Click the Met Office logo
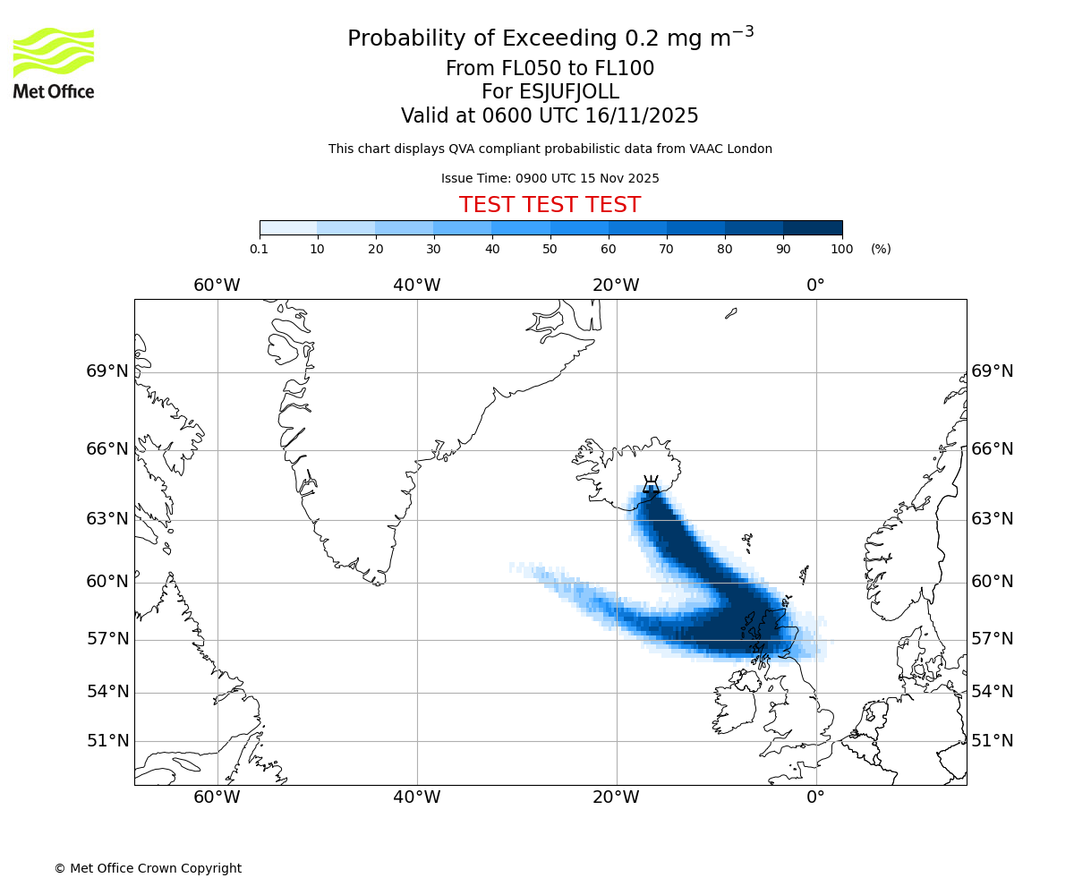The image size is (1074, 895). click(x=54, y=63)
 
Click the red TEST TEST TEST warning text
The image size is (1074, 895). click(x=550, y=205)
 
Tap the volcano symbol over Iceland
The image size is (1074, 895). click(x=651, y=485)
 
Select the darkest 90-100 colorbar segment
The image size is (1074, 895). click(x=813, y=227)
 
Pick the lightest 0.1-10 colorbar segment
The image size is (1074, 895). click(x=288, y=227)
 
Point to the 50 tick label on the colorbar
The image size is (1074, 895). click(x=550, y=249)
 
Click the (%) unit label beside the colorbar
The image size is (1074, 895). click(x=881, y=249)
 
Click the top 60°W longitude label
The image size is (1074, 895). click(x=217, y=286)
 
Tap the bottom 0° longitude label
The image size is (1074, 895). click(x=815, y=797)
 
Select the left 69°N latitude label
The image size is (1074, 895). click(x=107, y=371)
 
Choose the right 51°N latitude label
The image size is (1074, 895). click(x=993, y=741)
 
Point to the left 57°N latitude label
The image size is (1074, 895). click(x=107, y=639)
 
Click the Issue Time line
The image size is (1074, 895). click(x=550, y=178)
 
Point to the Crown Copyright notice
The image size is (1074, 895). click(x=148, y=868)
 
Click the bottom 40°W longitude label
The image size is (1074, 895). click(x=416, y=797)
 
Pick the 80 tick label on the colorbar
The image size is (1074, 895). click(x=725, y=249)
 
